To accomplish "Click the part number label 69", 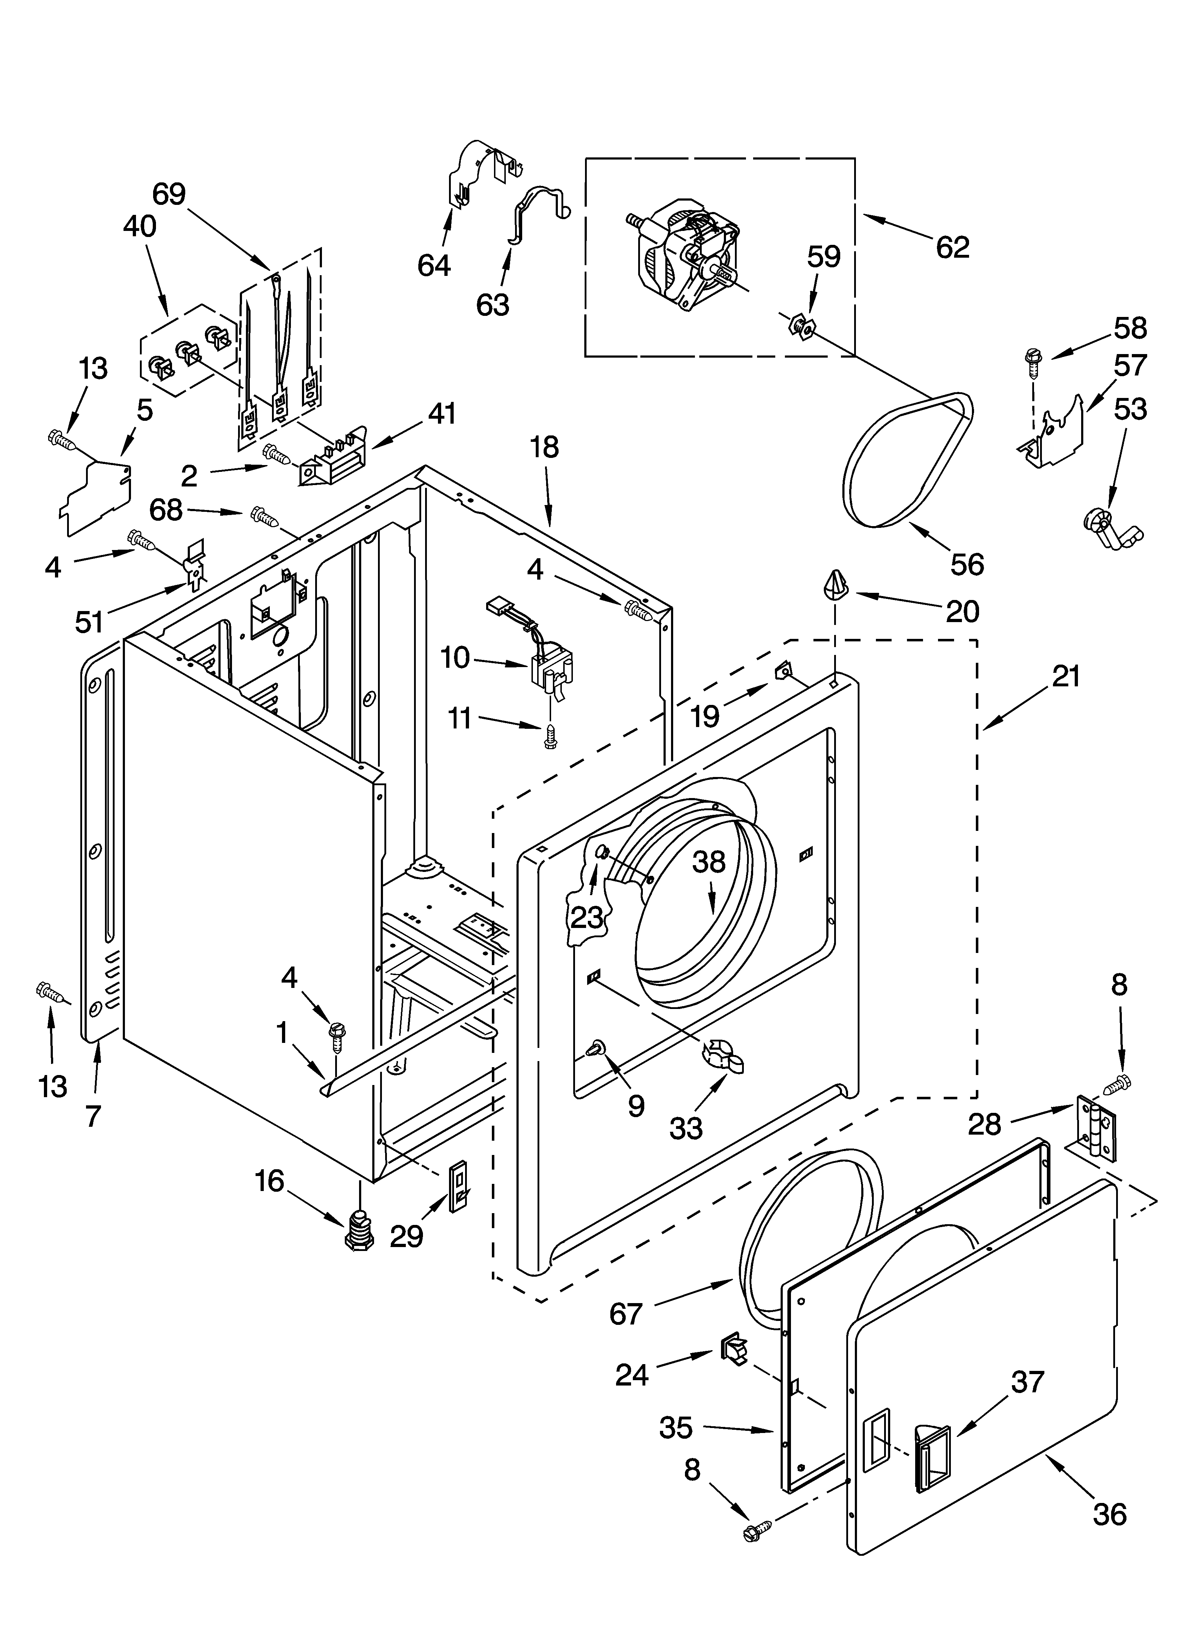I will tap(169, 194).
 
